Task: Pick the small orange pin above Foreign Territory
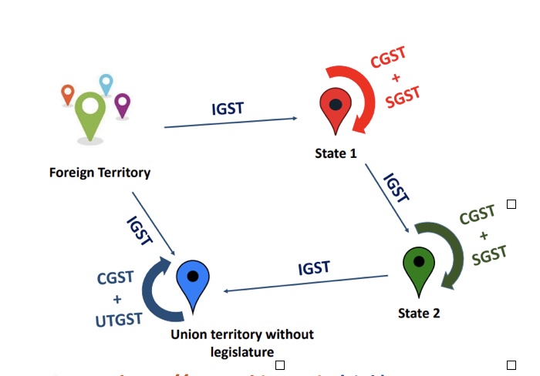(x=68, y=95)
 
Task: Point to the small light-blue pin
(x=106, y=84)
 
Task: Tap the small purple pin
(x=122, y=104)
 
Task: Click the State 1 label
(x=336, y=153)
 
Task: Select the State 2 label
(x=419, y=314)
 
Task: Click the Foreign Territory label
(x=100, y=173)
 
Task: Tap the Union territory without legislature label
(x=242, y=344)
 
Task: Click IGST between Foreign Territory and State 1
(x=228, y=108)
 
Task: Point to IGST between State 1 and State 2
(x=396, y=187)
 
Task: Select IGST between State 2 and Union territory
(x=314, y=269)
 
